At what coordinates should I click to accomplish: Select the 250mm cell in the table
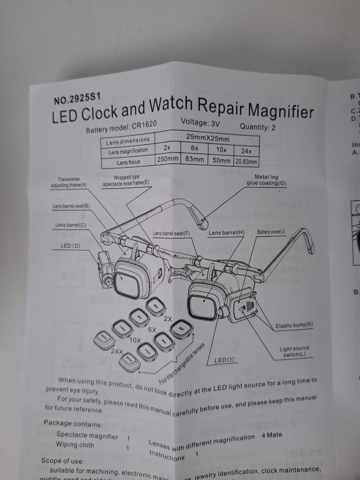tap(168, 160)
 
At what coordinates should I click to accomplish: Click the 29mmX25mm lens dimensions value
tap(207, 138)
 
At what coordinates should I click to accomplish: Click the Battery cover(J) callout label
tap(272, 232)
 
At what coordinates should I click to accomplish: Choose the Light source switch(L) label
tap(295, 352)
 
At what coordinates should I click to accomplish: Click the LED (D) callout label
tap(70, 246)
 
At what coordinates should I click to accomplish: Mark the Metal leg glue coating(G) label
tap(267, 180)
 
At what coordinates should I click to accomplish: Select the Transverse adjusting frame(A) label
tap(69, 182)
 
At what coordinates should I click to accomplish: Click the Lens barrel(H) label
tap(226, 232)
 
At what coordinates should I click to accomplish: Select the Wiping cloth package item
tap(74, 445)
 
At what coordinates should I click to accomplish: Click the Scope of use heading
tap(63, 460)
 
